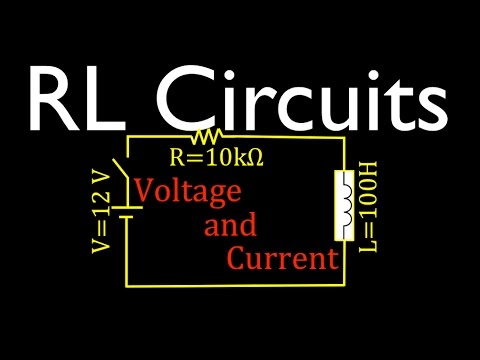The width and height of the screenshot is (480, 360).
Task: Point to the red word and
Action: pos(230,225)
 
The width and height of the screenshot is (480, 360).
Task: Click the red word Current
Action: pos(281,260)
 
